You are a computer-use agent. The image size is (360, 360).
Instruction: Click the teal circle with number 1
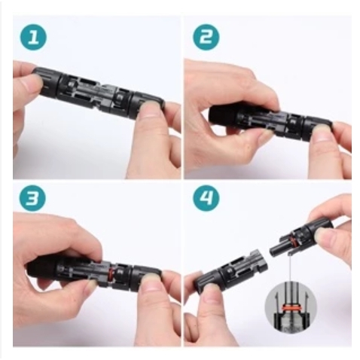click(33, 38)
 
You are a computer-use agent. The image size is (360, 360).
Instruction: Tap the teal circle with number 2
click(206, 38)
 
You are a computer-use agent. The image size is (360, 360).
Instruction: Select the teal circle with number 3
click(33, 199)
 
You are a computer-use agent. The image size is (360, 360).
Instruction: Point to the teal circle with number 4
click(206, 199)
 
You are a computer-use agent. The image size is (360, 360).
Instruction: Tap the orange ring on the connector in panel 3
click(111, 272)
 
